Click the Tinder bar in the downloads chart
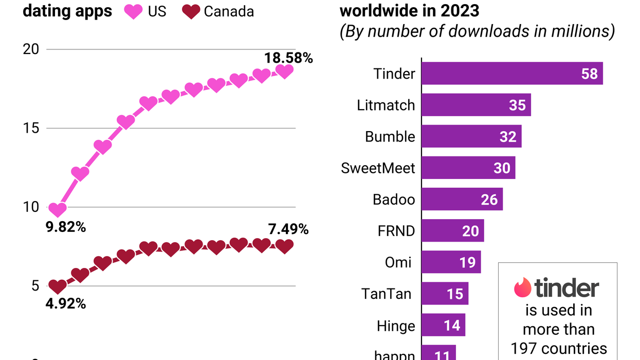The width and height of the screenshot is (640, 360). click(511, 74)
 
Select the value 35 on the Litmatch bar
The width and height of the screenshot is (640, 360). click(517, 105)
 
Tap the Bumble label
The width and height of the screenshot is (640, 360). click(390, 137)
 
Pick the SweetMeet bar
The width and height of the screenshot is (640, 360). click(468, 168)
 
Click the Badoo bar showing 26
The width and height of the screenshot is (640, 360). click(462, 199)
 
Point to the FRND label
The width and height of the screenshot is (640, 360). click(396, 231)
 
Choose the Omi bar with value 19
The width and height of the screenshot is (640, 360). click(451, 262)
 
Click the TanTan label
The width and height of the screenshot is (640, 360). click(386, 294)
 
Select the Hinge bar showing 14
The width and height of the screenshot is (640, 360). click(443, 326)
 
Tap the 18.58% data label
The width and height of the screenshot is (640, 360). click(289, 58)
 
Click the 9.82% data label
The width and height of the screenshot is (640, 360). click(66, 227)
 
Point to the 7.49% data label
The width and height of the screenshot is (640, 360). click(288, 229)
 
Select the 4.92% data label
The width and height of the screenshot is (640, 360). click(66, 303)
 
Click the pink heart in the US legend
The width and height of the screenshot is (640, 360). click(133, 11)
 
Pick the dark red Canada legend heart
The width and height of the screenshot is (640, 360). click(191, 11)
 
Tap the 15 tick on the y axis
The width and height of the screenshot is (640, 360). click(32, 128)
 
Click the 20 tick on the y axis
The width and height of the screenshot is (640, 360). click(32, 49)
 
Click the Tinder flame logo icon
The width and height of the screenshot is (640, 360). click(522, 287)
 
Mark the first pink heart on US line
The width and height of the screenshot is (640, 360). click(58, 210)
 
